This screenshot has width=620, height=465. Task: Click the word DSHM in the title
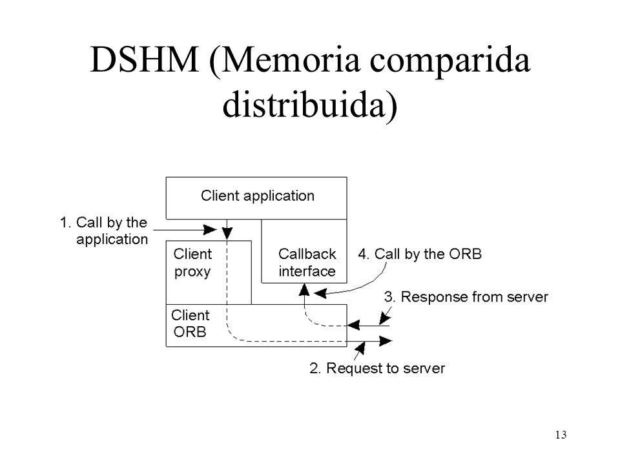pos(144,59)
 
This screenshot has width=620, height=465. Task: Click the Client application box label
pos(258,196)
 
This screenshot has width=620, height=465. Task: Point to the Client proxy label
pos(192,263)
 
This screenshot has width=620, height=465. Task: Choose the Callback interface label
pos(307,263)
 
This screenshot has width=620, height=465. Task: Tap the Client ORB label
pos(190,324)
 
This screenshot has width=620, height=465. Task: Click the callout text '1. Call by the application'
pos(103,231)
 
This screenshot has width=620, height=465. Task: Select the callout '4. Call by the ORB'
pos(420,254)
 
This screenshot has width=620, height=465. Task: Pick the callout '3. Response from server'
pos(466,296)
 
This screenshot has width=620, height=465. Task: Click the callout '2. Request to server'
pos(377,368)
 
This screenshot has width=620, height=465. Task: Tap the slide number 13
pos(561,435)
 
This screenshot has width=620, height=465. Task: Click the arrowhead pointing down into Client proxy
pos(227,233)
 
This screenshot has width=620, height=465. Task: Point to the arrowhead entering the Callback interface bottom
pos(304,290)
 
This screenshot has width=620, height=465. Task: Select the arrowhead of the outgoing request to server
pos(385,341)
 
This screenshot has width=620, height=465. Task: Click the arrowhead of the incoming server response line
pos(353,325)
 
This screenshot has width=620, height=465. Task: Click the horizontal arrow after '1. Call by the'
pos(185,230)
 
